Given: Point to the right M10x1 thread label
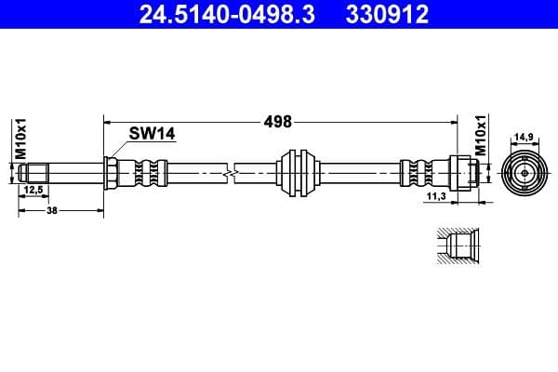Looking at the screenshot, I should pyautogui.click(x=481, y=136).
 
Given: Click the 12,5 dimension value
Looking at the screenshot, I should pyautogui.click(x=33, y=191).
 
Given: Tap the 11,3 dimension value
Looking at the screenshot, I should pyautogui.click(x=434, y=197).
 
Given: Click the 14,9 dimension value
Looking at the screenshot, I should pyautogui.click(x=524, y=137).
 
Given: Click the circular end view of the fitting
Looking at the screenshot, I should pyautogui.click(x=524, y=173).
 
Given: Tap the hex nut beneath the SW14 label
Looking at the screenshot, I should pyautogui.click(x=111, y=173).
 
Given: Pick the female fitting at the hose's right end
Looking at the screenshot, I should pyautogui.click(x=464, y=173).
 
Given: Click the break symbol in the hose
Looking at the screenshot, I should pyautogui.click(x=230, y=173).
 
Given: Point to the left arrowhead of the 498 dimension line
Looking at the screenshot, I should pyautogui.click(x=106, y=121).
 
